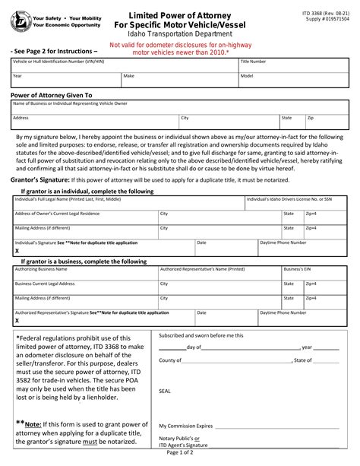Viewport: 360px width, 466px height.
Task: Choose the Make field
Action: click(x=179, y=80)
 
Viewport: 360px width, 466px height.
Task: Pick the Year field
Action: click(x=65, y=80)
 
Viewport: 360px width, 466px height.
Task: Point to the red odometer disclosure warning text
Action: click(x=179, y=49)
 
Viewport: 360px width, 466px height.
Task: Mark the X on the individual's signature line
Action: click(x=17, y=249)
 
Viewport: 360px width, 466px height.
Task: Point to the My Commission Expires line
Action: click(x=228, y=427)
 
